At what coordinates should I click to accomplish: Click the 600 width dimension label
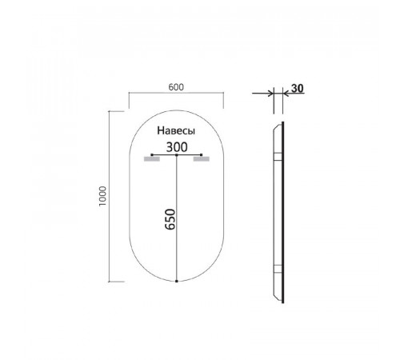pyautogui.click(x=176, y=87)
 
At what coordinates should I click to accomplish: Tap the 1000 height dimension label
pyautogui.click(x=102, y=196)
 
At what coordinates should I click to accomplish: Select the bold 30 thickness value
pyautogui.click(x=298, y=88)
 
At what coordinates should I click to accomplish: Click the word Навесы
pyautogui.click(x=176, y=130)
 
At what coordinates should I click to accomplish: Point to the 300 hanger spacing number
pyautogui.click(x=177, y=147)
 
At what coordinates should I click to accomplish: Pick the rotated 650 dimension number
pyautogui.click(x=170, y=219)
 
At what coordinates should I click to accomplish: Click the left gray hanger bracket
pyautogui.click(x=152, y=159)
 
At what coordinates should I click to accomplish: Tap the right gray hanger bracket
pyautogui.click(x=202, y=159)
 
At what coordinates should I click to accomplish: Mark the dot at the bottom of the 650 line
pyautogui.click(x=177, y=281)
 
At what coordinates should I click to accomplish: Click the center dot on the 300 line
pyautogui.click(x=177, y=154)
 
